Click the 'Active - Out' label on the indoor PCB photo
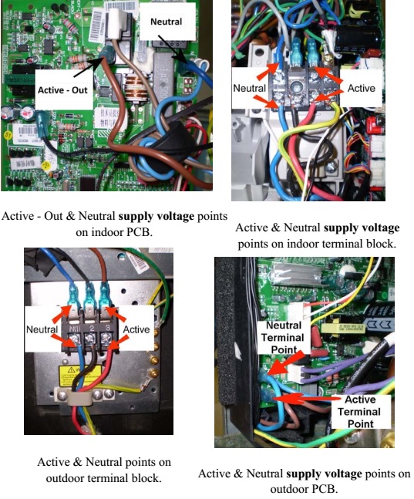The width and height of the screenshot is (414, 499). pyautogui.click(x=61, y=90)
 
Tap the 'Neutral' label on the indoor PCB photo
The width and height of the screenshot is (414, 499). pyautogui.click(x=167, y=22)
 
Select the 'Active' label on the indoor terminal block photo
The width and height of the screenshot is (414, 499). pyautogui.click(x=361, y=89)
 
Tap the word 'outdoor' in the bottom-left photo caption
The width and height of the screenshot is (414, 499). pyautogui.click(x=62, y=477)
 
